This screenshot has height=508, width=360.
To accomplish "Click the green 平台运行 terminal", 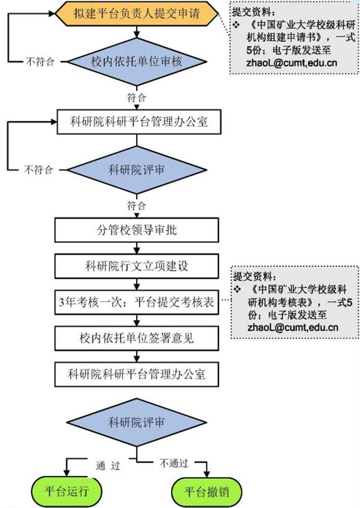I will coord(67,491).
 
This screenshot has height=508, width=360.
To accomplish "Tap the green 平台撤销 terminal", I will coord(207,491).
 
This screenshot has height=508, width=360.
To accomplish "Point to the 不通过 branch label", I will coord(173,463).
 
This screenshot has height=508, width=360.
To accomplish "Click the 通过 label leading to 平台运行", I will coord(108,466).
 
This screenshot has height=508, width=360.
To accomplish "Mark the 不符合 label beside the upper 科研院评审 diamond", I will coord(39,170).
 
